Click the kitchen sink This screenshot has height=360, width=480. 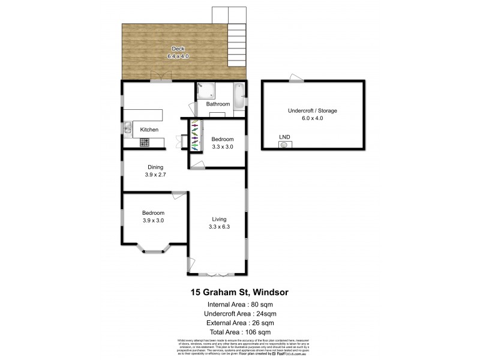tap(128, 127)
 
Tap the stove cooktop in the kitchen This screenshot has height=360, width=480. tap(144, 142)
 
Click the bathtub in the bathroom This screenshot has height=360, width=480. tap(238, 95)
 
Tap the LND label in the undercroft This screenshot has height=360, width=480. tap(284, 137)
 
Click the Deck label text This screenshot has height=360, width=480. tap(178, 49)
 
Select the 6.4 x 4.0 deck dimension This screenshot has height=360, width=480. tap(178, 56)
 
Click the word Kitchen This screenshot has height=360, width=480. tap(149, 130)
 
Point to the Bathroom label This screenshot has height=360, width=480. tap(218, 104)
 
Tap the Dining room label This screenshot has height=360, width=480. tap(155, 168)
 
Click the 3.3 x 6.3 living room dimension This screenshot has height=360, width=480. tap(218, 226)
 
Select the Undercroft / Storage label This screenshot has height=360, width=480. tap(312, 111)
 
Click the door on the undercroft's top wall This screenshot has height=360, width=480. tap(295, 78)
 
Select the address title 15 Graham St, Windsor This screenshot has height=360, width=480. tap(239, 293)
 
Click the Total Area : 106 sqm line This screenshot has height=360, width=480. tap(239, 331)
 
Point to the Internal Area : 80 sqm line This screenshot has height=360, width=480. tap(239, 304)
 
